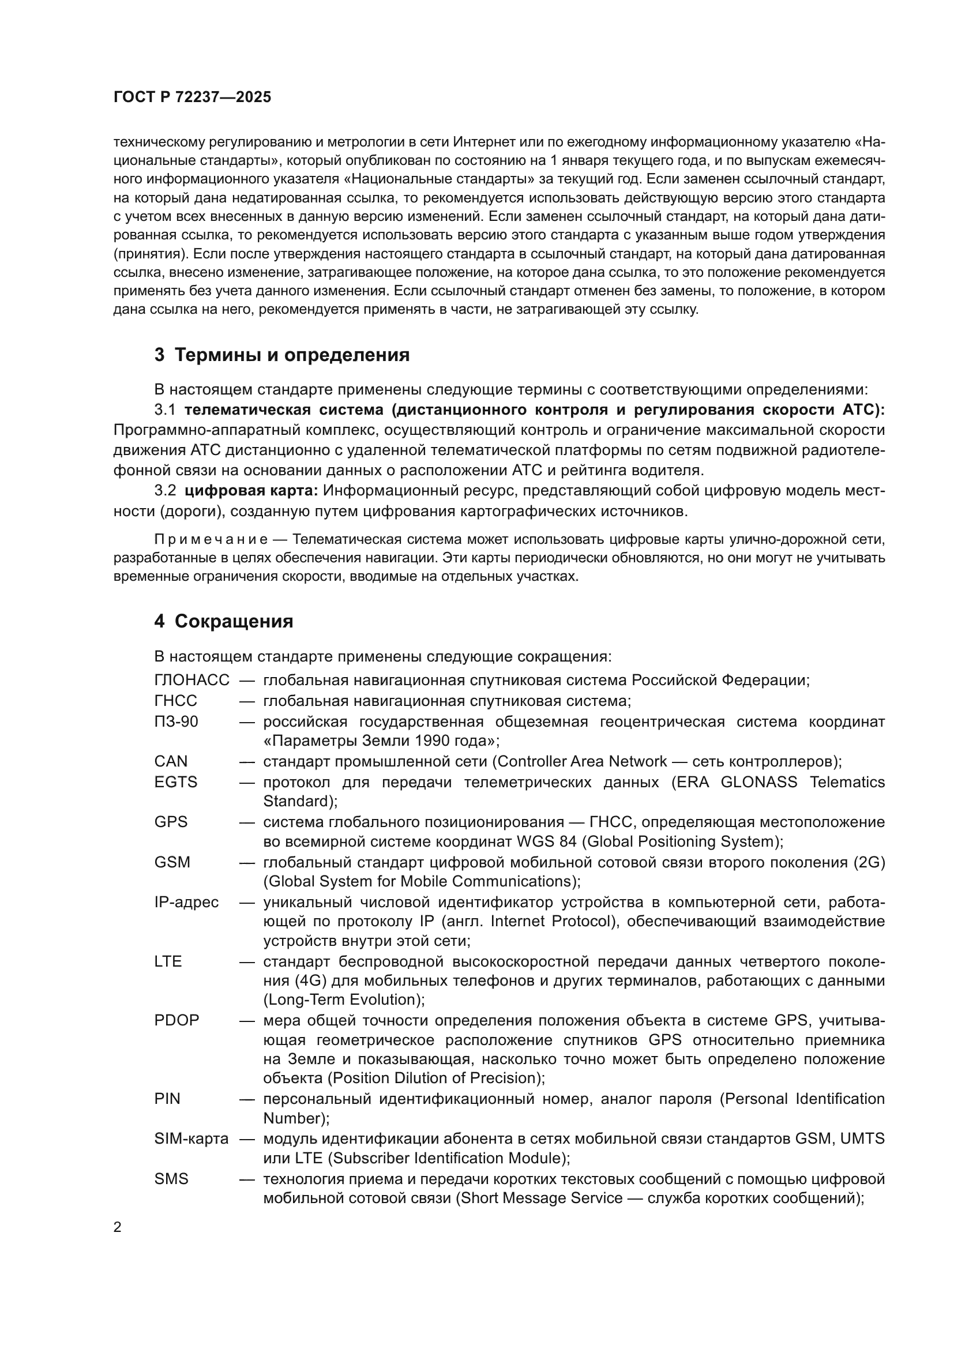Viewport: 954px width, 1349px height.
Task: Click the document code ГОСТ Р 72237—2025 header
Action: coord(192,97)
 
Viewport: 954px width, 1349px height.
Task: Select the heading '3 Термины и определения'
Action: coord(281,355)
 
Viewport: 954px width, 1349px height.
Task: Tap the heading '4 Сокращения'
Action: coord(223,621)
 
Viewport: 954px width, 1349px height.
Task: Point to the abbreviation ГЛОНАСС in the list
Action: coord(191,681)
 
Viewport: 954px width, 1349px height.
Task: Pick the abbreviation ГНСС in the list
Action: coord(176,701)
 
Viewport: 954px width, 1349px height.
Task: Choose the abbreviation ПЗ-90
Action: coord(176,722)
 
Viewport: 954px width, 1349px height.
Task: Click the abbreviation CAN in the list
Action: coord(171,761)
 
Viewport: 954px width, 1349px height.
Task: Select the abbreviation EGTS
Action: coord(176,782)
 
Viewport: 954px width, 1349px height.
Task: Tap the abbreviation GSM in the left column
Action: coord(172,862)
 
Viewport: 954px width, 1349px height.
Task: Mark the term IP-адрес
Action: coord(186,902)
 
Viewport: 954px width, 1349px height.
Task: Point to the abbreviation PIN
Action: coord(167,1099)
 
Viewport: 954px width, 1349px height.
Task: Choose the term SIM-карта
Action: coord(191,1138)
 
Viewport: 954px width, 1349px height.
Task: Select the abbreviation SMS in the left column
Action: coord(171,1179)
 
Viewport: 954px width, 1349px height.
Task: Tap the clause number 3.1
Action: coord(165,410)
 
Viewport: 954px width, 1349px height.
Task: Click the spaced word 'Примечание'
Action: coord(211,539)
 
